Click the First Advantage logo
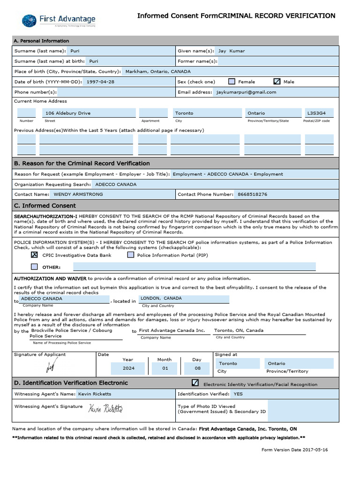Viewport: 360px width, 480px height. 59,21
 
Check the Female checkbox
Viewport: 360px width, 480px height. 232,82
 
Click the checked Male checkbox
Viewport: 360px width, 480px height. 277,82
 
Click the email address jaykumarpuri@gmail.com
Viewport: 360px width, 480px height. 246,92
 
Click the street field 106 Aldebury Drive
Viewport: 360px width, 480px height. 68,113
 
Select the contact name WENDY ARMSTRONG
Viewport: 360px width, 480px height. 78,194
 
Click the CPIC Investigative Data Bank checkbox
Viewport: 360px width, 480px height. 34,255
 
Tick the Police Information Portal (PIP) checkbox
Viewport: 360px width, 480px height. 131,255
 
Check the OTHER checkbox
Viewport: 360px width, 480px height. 34,267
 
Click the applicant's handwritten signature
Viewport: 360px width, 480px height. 50,365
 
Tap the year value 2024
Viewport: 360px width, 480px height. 128,368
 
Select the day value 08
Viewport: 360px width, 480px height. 197,368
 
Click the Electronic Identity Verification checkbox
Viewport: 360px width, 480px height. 195,383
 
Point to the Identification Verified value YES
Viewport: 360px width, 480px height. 238,394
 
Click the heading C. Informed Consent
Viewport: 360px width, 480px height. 45,206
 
